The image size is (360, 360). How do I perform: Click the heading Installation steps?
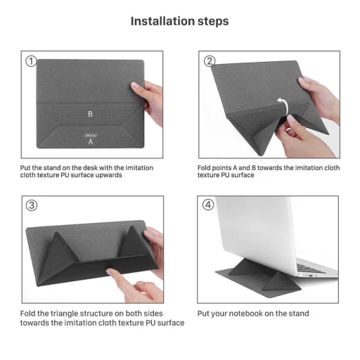179,21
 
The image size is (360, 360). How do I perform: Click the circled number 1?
31,61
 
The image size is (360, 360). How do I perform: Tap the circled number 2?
210,61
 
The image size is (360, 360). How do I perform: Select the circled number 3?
31,206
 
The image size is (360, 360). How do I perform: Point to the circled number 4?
209,206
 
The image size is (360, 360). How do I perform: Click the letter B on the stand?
90,113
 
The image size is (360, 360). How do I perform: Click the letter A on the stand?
90,141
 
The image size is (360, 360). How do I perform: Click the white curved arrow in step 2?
282,105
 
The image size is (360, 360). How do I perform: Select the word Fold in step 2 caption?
205,168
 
